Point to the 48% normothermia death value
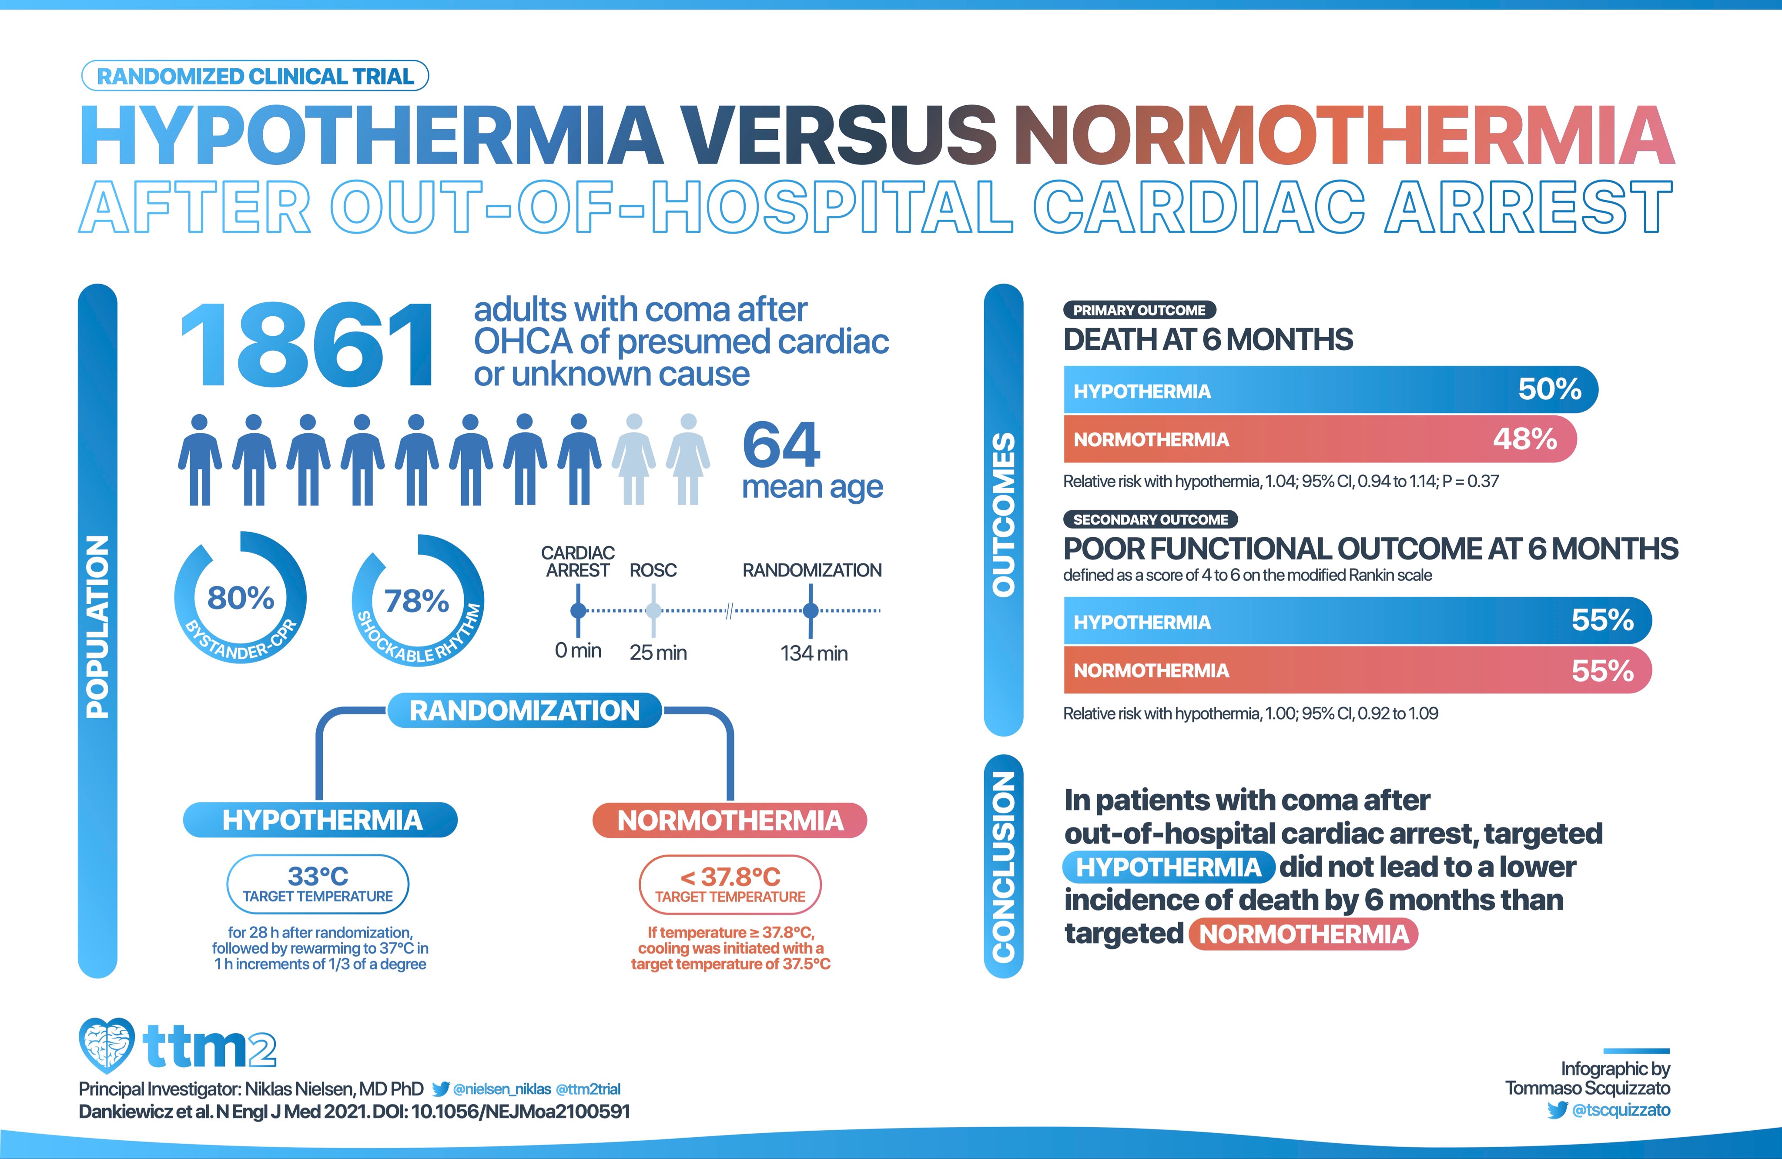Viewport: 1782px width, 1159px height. (x=1524, y=439)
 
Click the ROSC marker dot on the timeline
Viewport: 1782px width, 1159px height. (x=653, y=611)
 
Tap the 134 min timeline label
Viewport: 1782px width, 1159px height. (x=814, y=653)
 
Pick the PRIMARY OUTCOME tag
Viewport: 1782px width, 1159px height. (x=1139, y=310)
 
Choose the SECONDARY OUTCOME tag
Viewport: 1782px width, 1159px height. (x=1150, y=519)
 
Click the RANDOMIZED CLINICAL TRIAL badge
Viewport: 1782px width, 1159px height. (x=255, y=77)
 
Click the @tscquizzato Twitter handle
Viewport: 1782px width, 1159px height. (x=1621, y=1109)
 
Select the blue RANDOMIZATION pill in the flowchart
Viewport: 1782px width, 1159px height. (x=524, y=710)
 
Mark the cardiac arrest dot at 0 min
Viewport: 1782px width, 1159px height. (x=578, y=611)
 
